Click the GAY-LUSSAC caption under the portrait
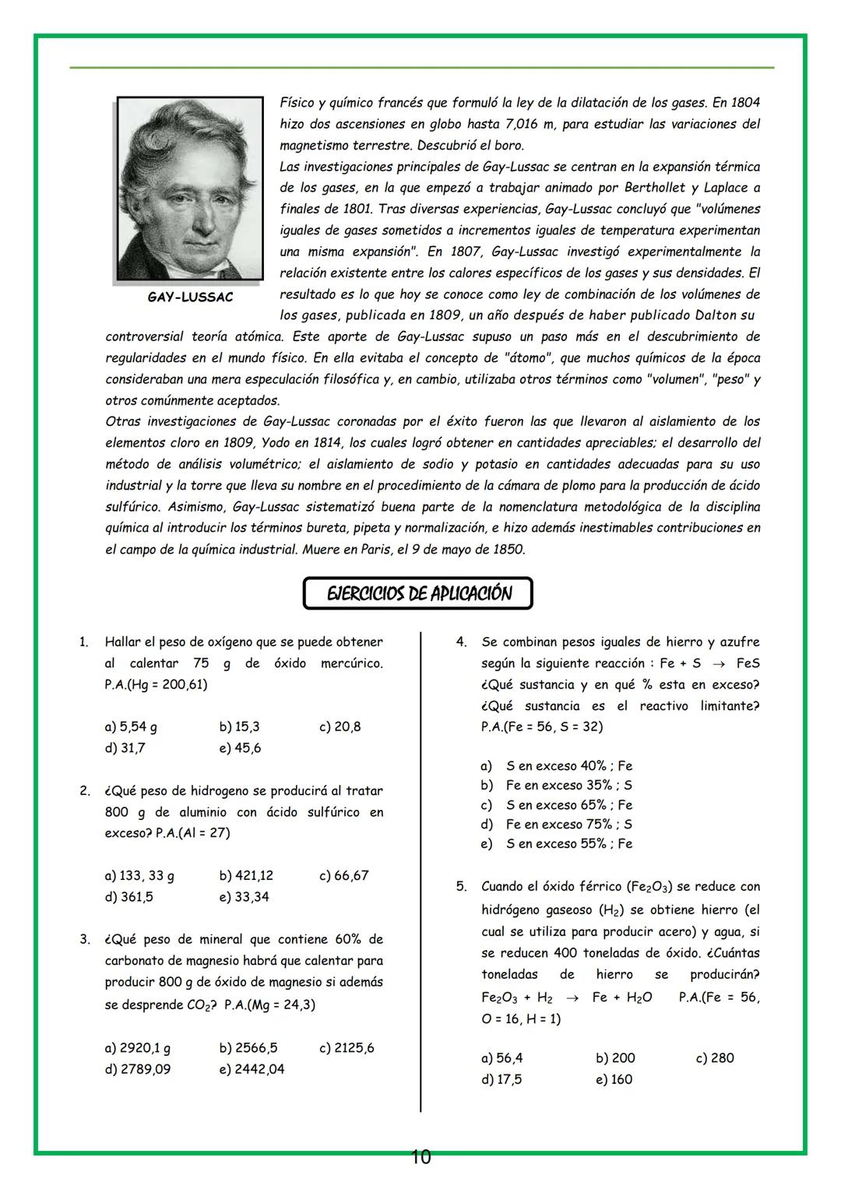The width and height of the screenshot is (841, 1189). click(x=190, y=297)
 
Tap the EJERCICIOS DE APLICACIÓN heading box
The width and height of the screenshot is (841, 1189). click(x=418, y=593)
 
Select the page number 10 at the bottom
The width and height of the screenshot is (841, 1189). click(x=420, y=1158)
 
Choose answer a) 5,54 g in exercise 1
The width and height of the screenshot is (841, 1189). click(x=131, y=726)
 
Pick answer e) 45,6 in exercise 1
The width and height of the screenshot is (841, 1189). click(x=240, y=748)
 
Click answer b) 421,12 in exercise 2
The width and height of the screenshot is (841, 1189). click(x=246, y=875)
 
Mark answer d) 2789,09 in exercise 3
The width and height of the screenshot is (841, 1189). click(x=138, y=1069)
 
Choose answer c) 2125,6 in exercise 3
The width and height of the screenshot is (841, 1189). click(x=347, y=1047)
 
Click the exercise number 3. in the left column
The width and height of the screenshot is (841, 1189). click(x=84, y=939)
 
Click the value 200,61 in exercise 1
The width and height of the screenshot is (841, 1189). click(x=183, y=684)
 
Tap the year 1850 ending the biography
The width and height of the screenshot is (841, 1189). click(x=508, y=549)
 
